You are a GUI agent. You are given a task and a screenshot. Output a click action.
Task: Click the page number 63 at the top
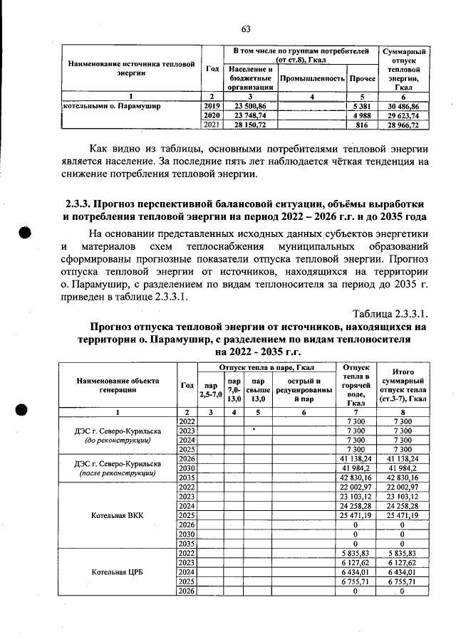pyautogui.click(x=247, y=29)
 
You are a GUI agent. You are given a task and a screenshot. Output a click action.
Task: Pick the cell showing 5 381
pyautogui.click(x=361, y=105)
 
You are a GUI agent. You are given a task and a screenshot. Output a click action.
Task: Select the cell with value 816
pyautogui.click(x=361, y=125)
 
